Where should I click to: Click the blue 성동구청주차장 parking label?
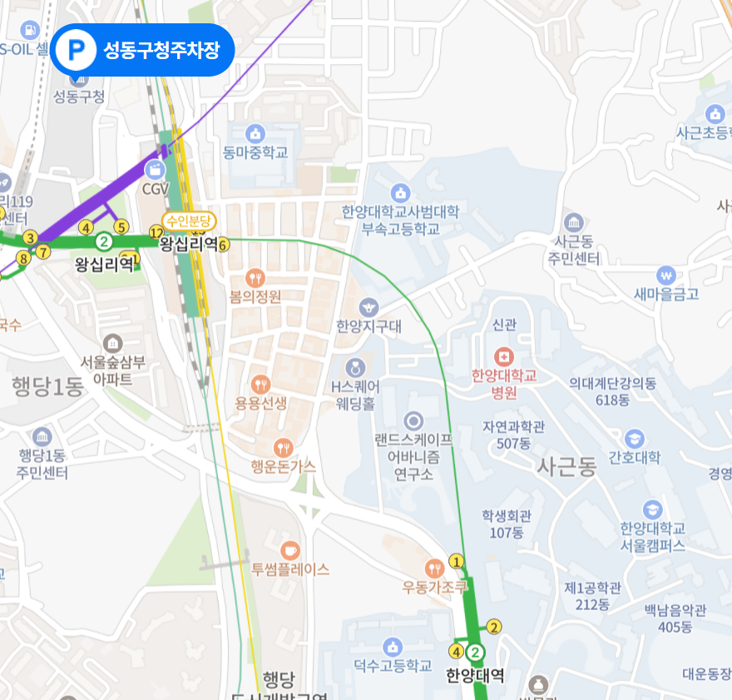pyautogui.click(x=142, y=50)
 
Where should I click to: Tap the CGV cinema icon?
pyautogui.click(x=155, y=170)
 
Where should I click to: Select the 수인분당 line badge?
pyautogui.click(x=189, y=221)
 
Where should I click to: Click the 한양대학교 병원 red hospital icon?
pyautogui.click(x=504, y=357)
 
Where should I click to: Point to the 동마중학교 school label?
pyautogui.click(x=255, y=152)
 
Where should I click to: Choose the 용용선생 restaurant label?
pyautogui.click(x=260, y=404)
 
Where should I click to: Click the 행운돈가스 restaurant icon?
pyautogui.click(x=284, y=447)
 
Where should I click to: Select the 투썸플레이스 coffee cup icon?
pyautogui.click(x=289, y=550)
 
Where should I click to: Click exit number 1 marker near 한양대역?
pyautogui.click(x=456, y=560)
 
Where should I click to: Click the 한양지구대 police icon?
pyautogui.click(x=368, y=307)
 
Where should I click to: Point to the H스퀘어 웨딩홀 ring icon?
pyautogui.click(x=356, y=367)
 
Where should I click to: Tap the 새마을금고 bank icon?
pyautogui.click(x=665, y=275)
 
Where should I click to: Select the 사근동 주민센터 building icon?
pyautogui.click(x=574, y=222)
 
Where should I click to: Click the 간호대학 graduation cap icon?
pyautogui.click(x=635, y=438)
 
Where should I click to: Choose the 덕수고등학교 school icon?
pyautogui.click(x=393, y=647)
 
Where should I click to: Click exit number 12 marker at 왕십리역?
pyautogui.click(x=156, y=232)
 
